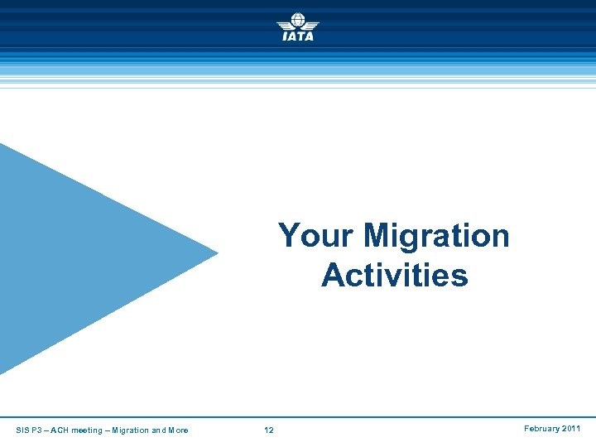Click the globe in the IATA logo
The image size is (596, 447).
(297, 20)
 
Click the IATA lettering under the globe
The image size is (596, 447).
(297, 36)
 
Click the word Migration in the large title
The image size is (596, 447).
(436, 236)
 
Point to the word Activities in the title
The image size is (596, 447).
(394, 275)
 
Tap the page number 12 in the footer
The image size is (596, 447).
(268, 430)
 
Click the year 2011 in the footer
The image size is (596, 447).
(572, 429)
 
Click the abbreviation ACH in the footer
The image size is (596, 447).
(65, 430)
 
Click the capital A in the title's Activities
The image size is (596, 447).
(333, 275)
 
